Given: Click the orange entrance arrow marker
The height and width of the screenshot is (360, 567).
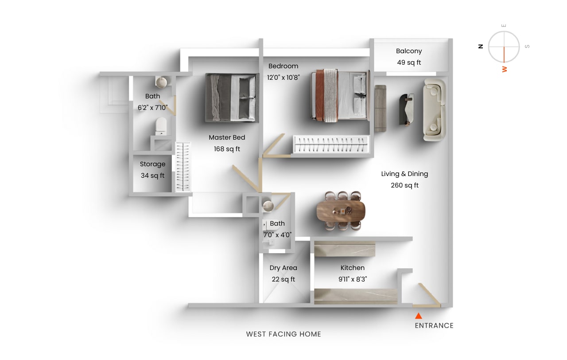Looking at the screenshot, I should (418, 316).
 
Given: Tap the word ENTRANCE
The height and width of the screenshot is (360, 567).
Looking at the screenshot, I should (434, 325).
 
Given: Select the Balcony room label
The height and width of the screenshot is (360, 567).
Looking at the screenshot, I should (409, 51).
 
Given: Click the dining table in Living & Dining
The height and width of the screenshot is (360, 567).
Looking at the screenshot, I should (341, 211).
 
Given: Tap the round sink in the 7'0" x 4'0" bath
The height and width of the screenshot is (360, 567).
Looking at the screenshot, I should (268, 205).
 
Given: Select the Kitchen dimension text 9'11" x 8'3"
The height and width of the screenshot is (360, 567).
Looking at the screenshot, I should (353, 279).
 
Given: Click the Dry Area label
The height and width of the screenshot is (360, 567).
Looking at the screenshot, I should (283, 268).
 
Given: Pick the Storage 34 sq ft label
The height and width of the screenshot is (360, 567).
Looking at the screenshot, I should (152, 170).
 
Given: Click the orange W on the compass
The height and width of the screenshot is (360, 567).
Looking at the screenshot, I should (504, 69).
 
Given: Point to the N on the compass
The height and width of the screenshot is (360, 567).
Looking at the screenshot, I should (481, 46).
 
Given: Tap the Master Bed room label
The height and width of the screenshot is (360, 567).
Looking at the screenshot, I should (227, 137).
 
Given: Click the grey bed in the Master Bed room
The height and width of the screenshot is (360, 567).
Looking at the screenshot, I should (232, 98).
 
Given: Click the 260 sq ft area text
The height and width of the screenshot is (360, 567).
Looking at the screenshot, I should (404, 185).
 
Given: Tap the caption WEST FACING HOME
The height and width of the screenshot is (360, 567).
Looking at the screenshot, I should (283, 334).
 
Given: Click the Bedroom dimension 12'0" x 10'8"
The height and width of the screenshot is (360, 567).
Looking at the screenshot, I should (283, 77).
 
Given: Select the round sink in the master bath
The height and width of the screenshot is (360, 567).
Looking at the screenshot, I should (161, 82).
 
